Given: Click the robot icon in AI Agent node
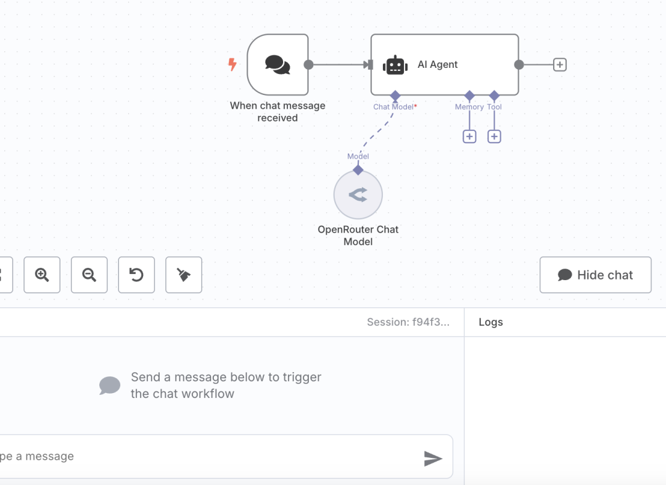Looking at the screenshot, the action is point(395,65).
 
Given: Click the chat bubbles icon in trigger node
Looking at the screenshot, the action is point(277,65).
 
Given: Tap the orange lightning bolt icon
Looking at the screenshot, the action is point(232,64).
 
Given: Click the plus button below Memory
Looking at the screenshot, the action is point(469,136).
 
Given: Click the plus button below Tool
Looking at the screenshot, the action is point(494,136).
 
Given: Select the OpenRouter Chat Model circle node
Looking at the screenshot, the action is point(358,195).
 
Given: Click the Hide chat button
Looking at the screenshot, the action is point(596,275).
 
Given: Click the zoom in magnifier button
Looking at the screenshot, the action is point(42,275).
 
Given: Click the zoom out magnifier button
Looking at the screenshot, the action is point(89,275).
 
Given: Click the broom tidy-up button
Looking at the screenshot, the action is point(184,275).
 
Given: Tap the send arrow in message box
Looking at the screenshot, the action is point(433,458).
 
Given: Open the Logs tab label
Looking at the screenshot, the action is point(491,322).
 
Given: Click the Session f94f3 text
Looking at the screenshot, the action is point(408,322).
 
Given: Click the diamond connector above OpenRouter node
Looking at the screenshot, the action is point(358,170).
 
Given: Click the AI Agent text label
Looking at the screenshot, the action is point(437,64).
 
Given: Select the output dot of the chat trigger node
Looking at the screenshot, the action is point(309,65).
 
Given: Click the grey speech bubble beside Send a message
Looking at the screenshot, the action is point(110,386).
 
